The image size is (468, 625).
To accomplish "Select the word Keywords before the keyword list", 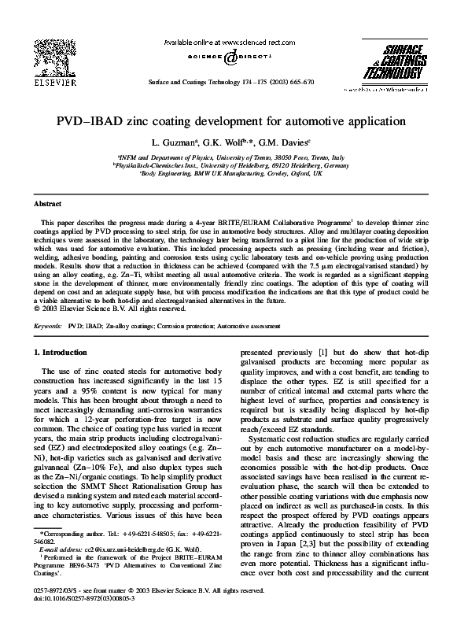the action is tap(48, 324).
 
